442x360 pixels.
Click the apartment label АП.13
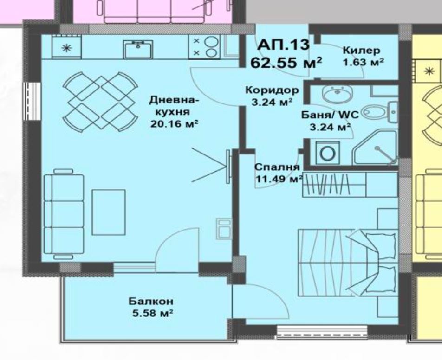pyautogui.click(x=283, y=45)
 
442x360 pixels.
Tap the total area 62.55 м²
pyautogui.click(x=286, y=63)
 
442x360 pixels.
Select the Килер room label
pyautogui.click(x=361, y=51)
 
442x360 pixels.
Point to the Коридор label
pyautogui.click(x=272, y=90)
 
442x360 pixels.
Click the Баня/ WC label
pyautogui.click(x=330, y=115)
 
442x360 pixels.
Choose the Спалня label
pyautogui.click(x=277, y=167)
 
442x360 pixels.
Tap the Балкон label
pyautogui.click(x=151, y=302)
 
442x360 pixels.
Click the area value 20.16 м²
pyautogui.click(x=174, y=124)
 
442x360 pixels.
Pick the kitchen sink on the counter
pyautogui.click(x=138, y=49)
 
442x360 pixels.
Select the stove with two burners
pyautogui.click(x=204, y=47)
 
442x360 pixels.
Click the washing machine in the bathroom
pyautogui.click(x=327, y=153)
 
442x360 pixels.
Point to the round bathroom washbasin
pyautogui.click(x=337, y=94)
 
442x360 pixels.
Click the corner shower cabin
pyautogui.click(x=375, y=147)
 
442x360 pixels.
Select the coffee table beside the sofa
pyautogui.click(x=109, y=212)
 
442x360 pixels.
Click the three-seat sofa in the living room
pyautogui.click(x=64, y=214)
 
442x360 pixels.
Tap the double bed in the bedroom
pyautogui.click(x=348, y=263)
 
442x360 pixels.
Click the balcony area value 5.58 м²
pyautogui.click(x=152, y=313)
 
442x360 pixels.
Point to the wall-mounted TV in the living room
pyautogui.click(x=228, y=167)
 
